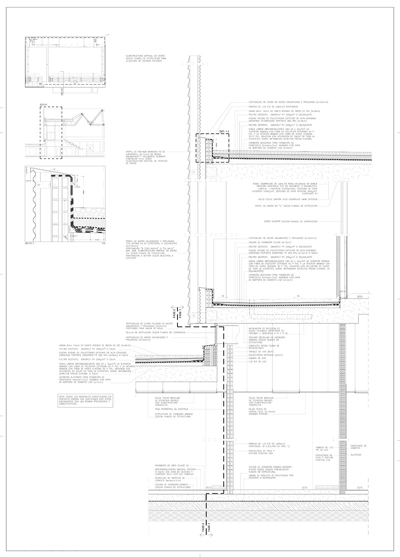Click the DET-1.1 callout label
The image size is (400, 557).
224,132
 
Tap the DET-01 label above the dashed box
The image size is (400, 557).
44,104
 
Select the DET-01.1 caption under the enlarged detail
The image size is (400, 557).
30,244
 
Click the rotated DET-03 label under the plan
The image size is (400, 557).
62,92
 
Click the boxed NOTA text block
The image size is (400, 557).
85,401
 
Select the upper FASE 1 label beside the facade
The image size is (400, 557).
180,312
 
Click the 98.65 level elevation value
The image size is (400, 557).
360,296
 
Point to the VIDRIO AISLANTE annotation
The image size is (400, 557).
287,221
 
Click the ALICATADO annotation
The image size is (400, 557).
356,455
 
